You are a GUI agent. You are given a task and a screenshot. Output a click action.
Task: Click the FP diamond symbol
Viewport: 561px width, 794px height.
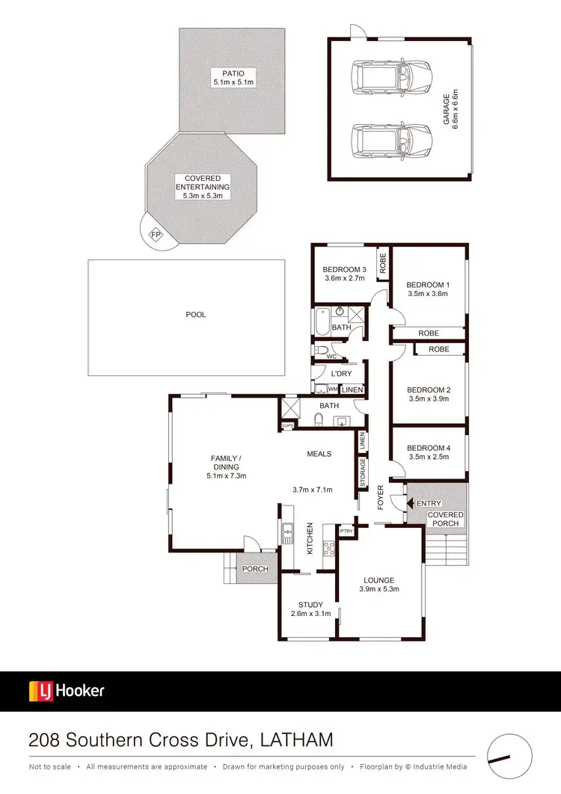(156, 235)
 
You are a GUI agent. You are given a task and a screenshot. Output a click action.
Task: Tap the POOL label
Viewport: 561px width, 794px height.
(196, 315)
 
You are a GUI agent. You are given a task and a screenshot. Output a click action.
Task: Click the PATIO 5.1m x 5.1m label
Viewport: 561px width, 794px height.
(233, 77)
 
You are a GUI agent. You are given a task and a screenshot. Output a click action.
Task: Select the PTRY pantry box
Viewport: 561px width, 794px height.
(346, 532)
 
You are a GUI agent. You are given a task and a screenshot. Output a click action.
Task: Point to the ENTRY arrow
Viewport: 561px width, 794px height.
(410, 504)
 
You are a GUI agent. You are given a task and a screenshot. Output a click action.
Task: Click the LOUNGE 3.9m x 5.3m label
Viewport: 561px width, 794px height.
(379, 585)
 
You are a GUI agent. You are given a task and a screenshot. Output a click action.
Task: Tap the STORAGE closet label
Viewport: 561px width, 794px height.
(364, 473)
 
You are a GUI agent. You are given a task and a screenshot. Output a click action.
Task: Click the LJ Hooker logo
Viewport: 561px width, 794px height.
(67, 691)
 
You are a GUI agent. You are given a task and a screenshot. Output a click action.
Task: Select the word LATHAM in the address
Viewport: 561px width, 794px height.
(297, 740)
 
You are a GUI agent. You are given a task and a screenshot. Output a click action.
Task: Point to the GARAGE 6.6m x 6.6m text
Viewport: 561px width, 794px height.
(450, 109)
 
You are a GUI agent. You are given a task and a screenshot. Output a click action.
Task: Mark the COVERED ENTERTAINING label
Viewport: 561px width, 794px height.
(202, 187)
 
